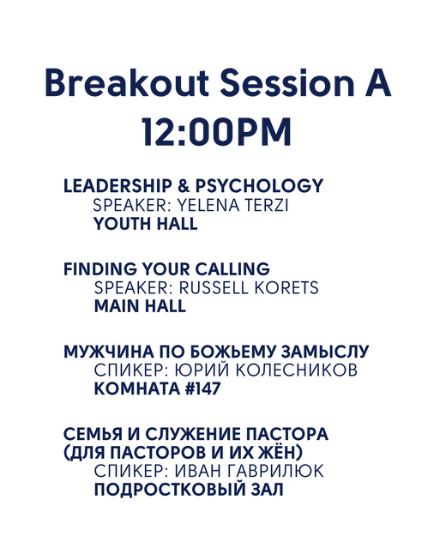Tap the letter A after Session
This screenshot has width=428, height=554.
[x=377, y=83]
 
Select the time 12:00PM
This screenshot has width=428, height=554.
[x=217, y=132]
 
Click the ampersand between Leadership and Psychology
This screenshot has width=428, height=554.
[x=184, y=186]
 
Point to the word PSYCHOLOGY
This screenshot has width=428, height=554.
[x=259, y=186]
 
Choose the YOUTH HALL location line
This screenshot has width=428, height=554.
[x=146, y=224]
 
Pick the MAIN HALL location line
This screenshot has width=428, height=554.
[x=140, y=306]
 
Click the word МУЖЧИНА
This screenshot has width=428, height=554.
[x=109, y=352]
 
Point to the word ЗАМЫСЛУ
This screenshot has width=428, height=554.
[x=325, y=352]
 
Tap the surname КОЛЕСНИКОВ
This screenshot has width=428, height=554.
[x=296, y=370]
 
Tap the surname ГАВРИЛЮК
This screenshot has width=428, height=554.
[x=275, y=472]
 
